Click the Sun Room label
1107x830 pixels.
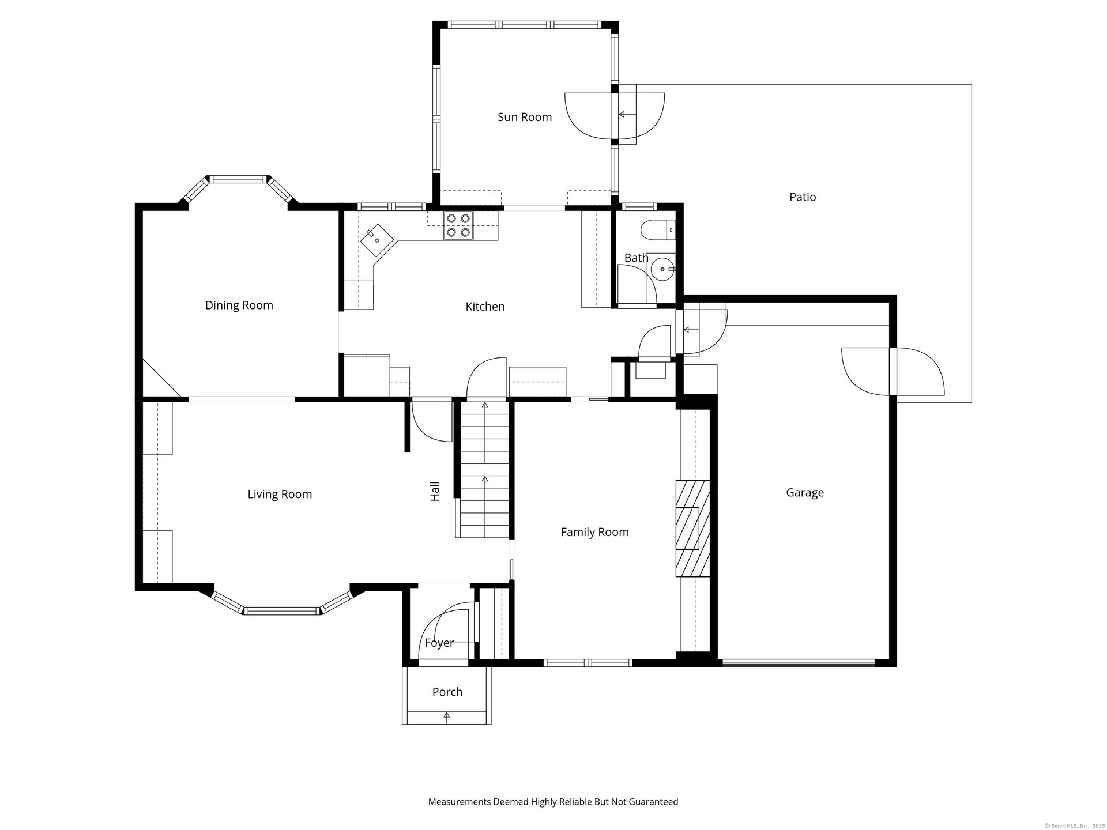point(525,117)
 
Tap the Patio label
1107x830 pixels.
point(803,197)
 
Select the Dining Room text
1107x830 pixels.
point(239,305)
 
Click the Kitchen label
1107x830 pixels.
point(485,307)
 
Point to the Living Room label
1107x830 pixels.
point(280,495)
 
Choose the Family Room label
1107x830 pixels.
point(595,533)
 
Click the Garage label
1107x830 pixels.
point(805,493)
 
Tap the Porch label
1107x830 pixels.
point(447,692)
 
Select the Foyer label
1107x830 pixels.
point(439,643)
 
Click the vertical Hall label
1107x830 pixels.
point(435,491)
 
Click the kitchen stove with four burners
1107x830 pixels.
point(458,225)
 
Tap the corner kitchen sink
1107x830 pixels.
point(376,240)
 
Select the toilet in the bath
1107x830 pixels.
point(657,229)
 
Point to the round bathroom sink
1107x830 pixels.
point(663,269)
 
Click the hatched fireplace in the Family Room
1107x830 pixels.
point(693,528)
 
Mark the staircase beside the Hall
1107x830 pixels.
point(485,470)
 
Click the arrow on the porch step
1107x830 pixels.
point(447,717)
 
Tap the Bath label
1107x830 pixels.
point(636,258)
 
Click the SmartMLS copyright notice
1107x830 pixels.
point(1075,826)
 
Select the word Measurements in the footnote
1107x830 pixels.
point(460,802)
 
